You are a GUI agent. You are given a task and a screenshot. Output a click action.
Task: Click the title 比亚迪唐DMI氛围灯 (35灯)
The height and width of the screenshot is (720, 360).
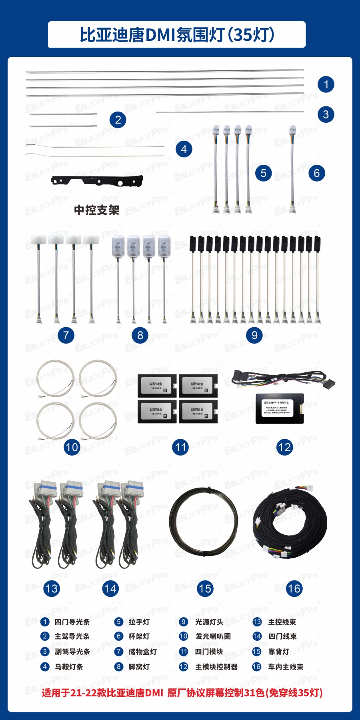[x=177, y=35]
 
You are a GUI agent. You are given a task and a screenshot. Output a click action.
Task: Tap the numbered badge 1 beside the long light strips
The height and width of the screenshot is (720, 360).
[x=326, y=84]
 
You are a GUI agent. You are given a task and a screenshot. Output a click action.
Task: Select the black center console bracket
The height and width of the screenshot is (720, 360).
[x=97, y=181]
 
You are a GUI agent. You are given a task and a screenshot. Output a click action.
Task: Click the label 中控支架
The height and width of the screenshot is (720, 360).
[x=97, y=210]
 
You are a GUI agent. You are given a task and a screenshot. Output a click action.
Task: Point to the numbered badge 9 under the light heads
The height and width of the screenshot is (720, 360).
[x=254, y=335]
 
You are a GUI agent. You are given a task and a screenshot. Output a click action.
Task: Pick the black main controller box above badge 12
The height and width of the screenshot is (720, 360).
[x=280, y=408]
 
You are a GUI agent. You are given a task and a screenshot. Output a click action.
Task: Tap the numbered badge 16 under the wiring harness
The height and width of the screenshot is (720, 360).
[x=294, y=588]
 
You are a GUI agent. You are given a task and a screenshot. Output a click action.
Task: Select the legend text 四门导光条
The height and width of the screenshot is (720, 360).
[x=72, y=622]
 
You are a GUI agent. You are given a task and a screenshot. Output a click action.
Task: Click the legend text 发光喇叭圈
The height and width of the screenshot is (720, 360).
[x=213, y=636]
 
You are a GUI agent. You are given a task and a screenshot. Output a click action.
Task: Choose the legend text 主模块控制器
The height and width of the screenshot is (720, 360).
[x=216, y=667]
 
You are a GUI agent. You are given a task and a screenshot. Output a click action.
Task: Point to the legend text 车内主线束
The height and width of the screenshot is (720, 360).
[x=286, y=667]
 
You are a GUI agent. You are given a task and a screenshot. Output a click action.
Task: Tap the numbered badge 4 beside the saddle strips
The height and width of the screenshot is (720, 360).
[x=184, y=149]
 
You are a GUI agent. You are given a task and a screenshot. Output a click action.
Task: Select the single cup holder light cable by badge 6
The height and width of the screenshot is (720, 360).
[x=292, y=168]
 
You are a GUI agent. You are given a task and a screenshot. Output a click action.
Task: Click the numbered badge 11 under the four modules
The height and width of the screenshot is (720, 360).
[x=180, y=447]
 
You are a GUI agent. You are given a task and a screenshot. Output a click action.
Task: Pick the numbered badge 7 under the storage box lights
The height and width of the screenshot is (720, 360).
[x=66, y=335]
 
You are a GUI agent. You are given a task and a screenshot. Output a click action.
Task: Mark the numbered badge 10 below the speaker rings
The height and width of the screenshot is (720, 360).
[x=72, y=447]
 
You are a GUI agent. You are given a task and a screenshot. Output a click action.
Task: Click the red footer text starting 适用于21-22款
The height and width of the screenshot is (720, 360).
[x=182, y=693]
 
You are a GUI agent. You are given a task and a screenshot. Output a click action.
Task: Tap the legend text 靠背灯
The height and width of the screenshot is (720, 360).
[x=278, y=652]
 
